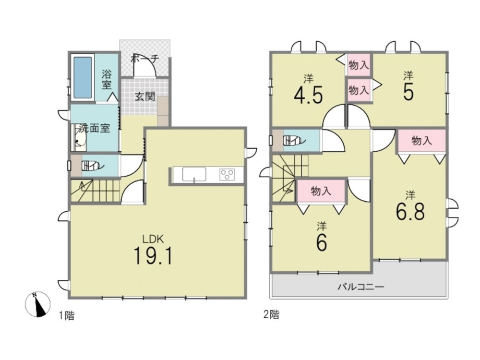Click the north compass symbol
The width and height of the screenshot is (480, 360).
(37, 304)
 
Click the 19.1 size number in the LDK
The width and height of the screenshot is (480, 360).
(153, 256)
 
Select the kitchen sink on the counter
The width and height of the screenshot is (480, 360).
(194, 175)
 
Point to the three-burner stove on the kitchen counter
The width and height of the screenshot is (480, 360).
(227, 175)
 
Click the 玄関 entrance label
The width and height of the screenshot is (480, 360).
(145, 97)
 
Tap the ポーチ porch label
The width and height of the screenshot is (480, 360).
(145, 59)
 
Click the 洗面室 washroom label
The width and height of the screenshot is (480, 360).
(95, 128)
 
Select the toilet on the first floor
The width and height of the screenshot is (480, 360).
(91, 166)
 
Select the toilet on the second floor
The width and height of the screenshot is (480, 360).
(294, 141)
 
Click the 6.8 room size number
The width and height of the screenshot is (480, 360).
(410, 212)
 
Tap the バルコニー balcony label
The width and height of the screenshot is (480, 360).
(360, 287)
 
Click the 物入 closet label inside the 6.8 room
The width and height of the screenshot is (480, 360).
(422, 141)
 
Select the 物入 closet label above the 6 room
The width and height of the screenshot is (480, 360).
(321, 191)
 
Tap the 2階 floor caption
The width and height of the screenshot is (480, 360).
(271, 314)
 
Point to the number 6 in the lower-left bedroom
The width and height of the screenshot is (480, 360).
(322, 242)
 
